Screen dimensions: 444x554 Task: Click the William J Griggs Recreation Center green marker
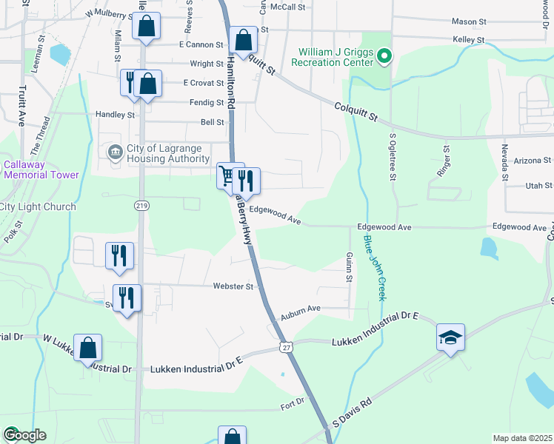384,55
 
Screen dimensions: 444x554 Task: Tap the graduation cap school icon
450,337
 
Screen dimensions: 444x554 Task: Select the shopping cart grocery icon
227,176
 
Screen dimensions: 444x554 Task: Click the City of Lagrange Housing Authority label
167,154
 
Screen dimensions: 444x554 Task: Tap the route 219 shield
141,205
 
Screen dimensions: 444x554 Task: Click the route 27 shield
286,346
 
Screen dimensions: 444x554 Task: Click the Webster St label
233,286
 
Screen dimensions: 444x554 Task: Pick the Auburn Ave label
298,308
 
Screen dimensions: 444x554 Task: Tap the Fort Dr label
293,403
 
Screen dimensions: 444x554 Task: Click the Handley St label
116,115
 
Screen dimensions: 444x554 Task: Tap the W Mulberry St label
111,13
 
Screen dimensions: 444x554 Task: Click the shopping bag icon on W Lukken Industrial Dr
87,348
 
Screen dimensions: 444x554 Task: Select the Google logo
24,435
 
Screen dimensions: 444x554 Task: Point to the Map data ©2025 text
522,438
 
